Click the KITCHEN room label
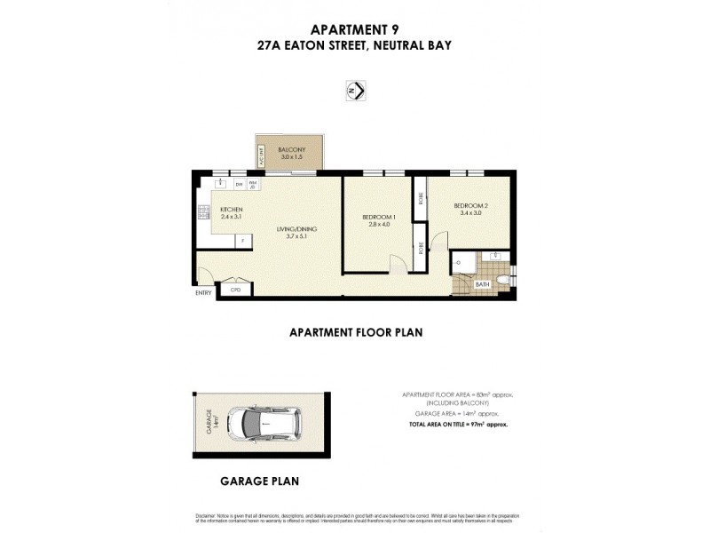(231, 210)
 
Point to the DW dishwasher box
(239, 185)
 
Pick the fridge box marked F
(240, 240)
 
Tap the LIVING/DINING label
(301, 229)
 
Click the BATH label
(482, 285)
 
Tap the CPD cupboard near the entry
(235, 290)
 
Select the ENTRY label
(204, 294)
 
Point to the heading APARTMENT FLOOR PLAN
(355, 333)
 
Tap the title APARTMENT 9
(355, 28)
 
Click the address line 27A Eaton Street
(355, 44)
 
